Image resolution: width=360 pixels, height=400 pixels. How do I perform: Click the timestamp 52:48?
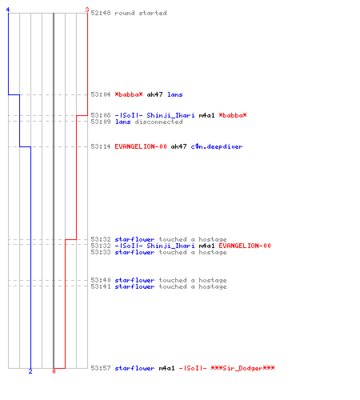coord(101,13)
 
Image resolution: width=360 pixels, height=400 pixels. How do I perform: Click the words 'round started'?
coord(141,13)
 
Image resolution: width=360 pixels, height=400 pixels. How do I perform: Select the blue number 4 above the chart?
coord(8,10)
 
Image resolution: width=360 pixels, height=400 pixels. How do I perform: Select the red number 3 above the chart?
coord(87,10)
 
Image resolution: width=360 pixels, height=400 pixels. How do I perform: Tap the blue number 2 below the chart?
coord(30,371)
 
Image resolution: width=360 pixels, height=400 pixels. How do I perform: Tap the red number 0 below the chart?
coord(54,371)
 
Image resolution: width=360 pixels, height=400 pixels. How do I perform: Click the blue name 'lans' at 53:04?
coord(175,94)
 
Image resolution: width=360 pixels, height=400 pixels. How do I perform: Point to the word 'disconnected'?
coord(158,122)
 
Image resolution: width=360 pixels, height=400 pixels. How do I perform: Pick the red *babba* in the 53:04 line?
coord(129,94)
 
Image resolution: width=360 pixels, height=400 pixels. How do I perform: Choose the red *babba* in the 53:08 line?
coord(233,115)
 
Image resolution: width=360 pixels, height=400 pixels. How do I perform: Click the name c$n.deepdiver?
coord(217,146)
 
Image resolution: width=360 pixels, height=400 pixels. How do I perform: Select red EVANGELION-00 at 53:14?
coord(141,146)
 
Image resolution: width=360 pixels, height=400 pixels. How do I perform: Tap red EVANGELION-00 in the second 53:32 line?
coord(245,246)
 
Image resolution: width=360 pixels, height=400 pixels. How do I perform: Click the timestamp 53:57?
coord(101,368)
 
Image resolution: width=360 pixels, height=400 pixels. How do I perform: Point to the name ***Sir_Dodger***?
coord(242,368)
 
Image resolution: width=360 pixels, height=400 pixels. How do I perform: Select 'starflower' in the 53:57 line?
coord(134,368)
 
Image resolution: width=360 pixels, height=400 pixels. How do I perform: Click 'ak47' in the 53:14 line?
coord(178,146)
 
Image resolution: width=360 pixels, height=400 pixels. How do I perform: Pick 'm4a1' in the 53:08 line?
coord(206,115)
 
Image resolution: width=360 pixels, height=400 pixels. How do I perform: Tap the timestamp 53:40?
coord(101,280)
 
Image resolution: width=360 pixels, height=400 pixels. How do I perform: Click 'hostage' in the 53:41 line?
coord(213,286)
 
